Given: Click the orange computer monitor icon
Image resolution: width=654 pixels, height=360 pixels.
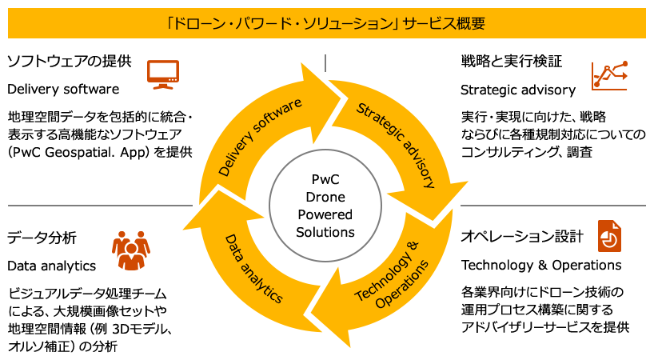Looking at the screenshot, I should [162, 74].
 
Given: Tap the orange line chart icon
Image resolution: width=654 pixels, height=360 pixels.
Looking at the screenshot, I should [609, 75].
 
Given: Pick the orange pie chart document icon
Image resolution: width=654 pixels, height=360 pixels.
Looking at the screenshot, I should [609, 236].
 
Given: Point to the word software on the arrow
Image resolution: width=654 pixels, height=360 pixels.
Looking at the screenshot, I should [278, 116].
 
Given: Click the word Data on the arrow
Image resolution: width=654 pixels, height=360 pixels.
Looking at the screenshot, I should [234, 247].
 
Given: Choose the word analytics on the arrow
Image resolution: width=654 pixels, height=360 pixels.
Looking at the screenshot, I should [265, 284].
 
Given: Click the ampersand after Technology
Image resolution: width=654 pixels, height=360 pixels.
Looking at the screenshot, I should [413, 244].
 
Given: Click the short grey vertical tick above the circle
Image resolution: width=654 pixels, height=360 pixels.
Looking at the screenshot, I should [325, 62].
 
